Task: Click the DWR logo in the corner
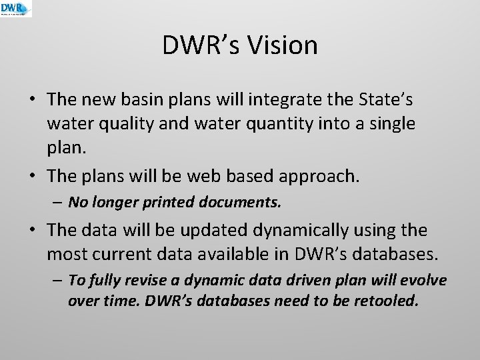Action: click(x=15, y=9)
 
